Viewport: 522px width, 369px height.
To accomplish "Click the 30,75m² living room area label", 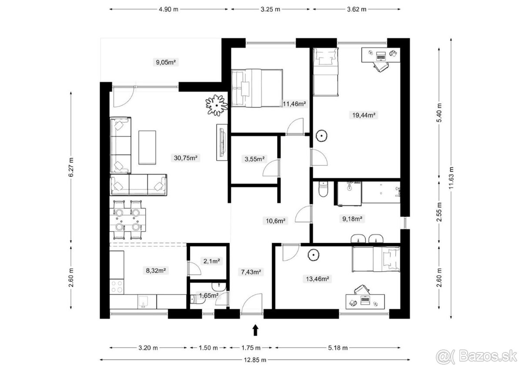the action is click(x=185, y=158).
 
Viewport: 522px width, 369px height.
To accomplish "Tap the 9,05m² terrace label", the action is click(x=166, y=62).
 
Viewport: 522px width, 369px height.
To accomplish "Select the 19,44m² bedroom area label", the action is click(x=364, y=115).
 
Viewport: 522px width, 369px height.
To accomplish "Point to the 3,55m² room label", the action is click(x=254, y=159).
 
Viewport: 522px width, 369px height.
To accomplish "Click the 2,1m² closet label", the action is click(x=211, y=261).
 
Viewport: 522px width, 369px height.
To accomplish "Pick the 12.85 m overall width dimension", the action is click(x=255, y=360).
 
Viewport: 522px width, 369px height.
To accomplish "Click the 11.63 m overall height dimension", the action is click(x=451, y=178).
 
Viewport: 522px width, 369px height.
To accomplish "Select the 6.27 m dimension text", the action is click(x=71, y=167).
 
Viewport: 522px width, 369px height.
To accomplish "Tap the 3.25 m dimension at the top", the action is click(x=270, y=9).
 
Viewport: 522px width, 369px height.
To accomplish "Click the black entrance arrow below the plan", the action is click(x=256, y=330).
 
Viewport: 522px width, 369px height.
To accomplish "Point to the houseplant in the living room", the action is click(x=217, y=105).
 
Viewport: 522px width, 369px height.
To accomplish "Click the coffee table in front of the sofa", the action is click(x=147, y=148).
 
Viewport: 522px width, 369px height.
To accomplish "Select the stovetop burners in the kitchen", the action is click(x=117, y=286).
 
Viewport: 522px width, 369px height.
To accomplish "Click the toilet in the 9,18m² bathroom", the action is click(x=323, y=189).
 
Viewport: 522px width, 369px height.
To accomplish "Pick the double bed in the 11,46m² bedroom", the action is click(x=257, y=88).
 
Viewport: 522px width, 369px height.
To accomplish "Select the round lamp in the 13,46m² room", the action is click(x=313, y=255).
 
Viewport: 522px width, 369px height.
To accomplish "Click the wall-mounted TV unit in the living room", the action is click(x=222, y=142).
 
